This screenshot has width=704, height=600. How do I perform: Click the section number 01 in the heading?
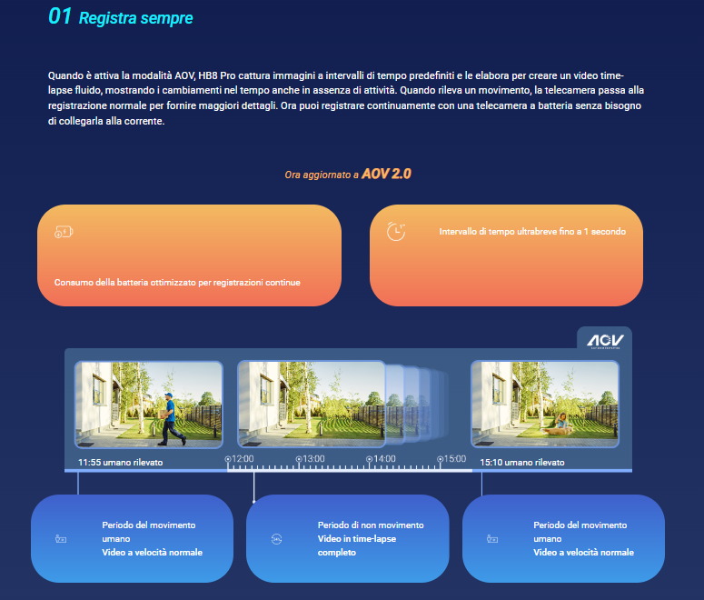click(x=60, y=17)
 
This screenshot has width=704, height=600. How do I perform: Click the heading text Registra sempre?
click(x=135, y=18)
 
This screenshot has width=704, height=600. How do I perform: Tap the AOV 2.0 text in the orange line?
click(x=386, y=174)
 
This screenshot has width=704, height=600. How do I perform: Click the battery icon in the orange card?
click(x=63, y=232)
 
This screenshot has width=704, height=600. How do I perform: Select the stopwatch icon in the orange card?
click(x=396, y=232)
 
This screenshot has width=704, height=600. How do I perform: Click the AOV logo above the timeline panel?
click(x=604, y=338)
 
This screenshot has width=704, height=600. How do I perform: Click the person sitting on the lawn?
click(x=562, y=420)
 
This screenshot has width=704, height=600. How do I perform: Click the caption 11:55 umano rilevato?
click(x=120, y=462)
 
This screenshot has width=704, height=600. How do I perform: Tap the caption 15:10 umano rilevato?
click(x=521, y=462)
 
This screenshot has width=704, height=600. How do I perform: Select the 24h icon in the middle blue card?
click(x=276, y=539)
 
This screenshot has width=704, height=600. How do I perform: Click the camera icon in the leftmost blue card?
click(x=61, y=539)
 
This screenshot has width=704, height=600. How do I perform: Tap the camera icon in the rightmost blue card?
click(x=492, y=539)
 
